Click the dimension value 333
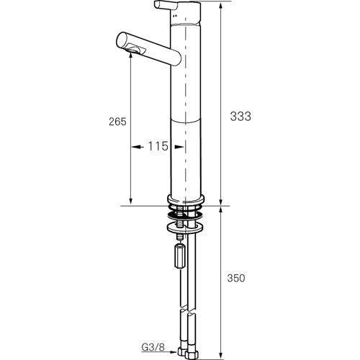240,117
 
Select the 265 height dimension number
117,122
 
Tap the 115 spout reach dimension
158,146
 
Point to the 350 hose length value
236,279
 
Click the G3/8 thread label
153,347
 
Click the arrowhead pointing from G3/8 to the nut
174,353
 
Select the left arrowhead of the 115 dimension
135,147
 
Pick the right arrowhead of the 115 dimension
179,147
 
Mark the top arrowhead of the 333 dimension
221,6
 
